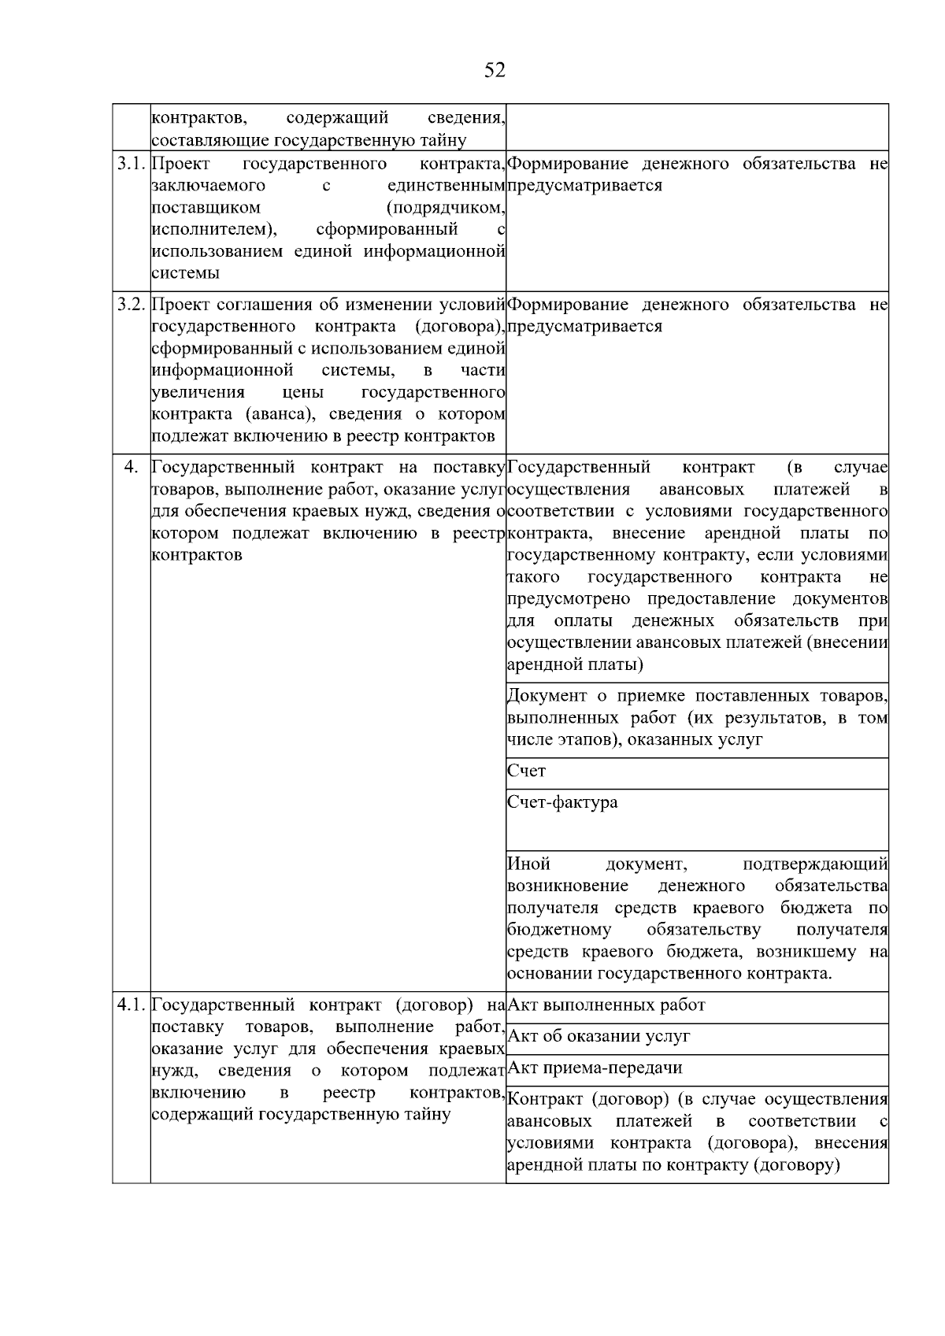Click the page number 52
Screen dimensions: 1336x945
pyautogui.click(x=495, y=71)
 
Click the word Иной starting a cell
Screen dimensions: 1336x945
pyautogui.click(x=528, y=864)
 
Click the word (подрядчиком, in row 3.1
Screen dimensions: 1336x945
pyautogui.click(x=445, y=208)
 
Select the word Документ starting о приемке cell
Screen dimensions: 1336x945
pyautogui.click(x=547, y=696)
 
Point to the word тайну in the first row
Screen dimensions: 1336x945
pyautogui.click(x=443, y=141)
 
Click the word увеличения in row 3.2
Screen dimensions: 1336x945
pyautogui.click(x=198, y=392)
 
